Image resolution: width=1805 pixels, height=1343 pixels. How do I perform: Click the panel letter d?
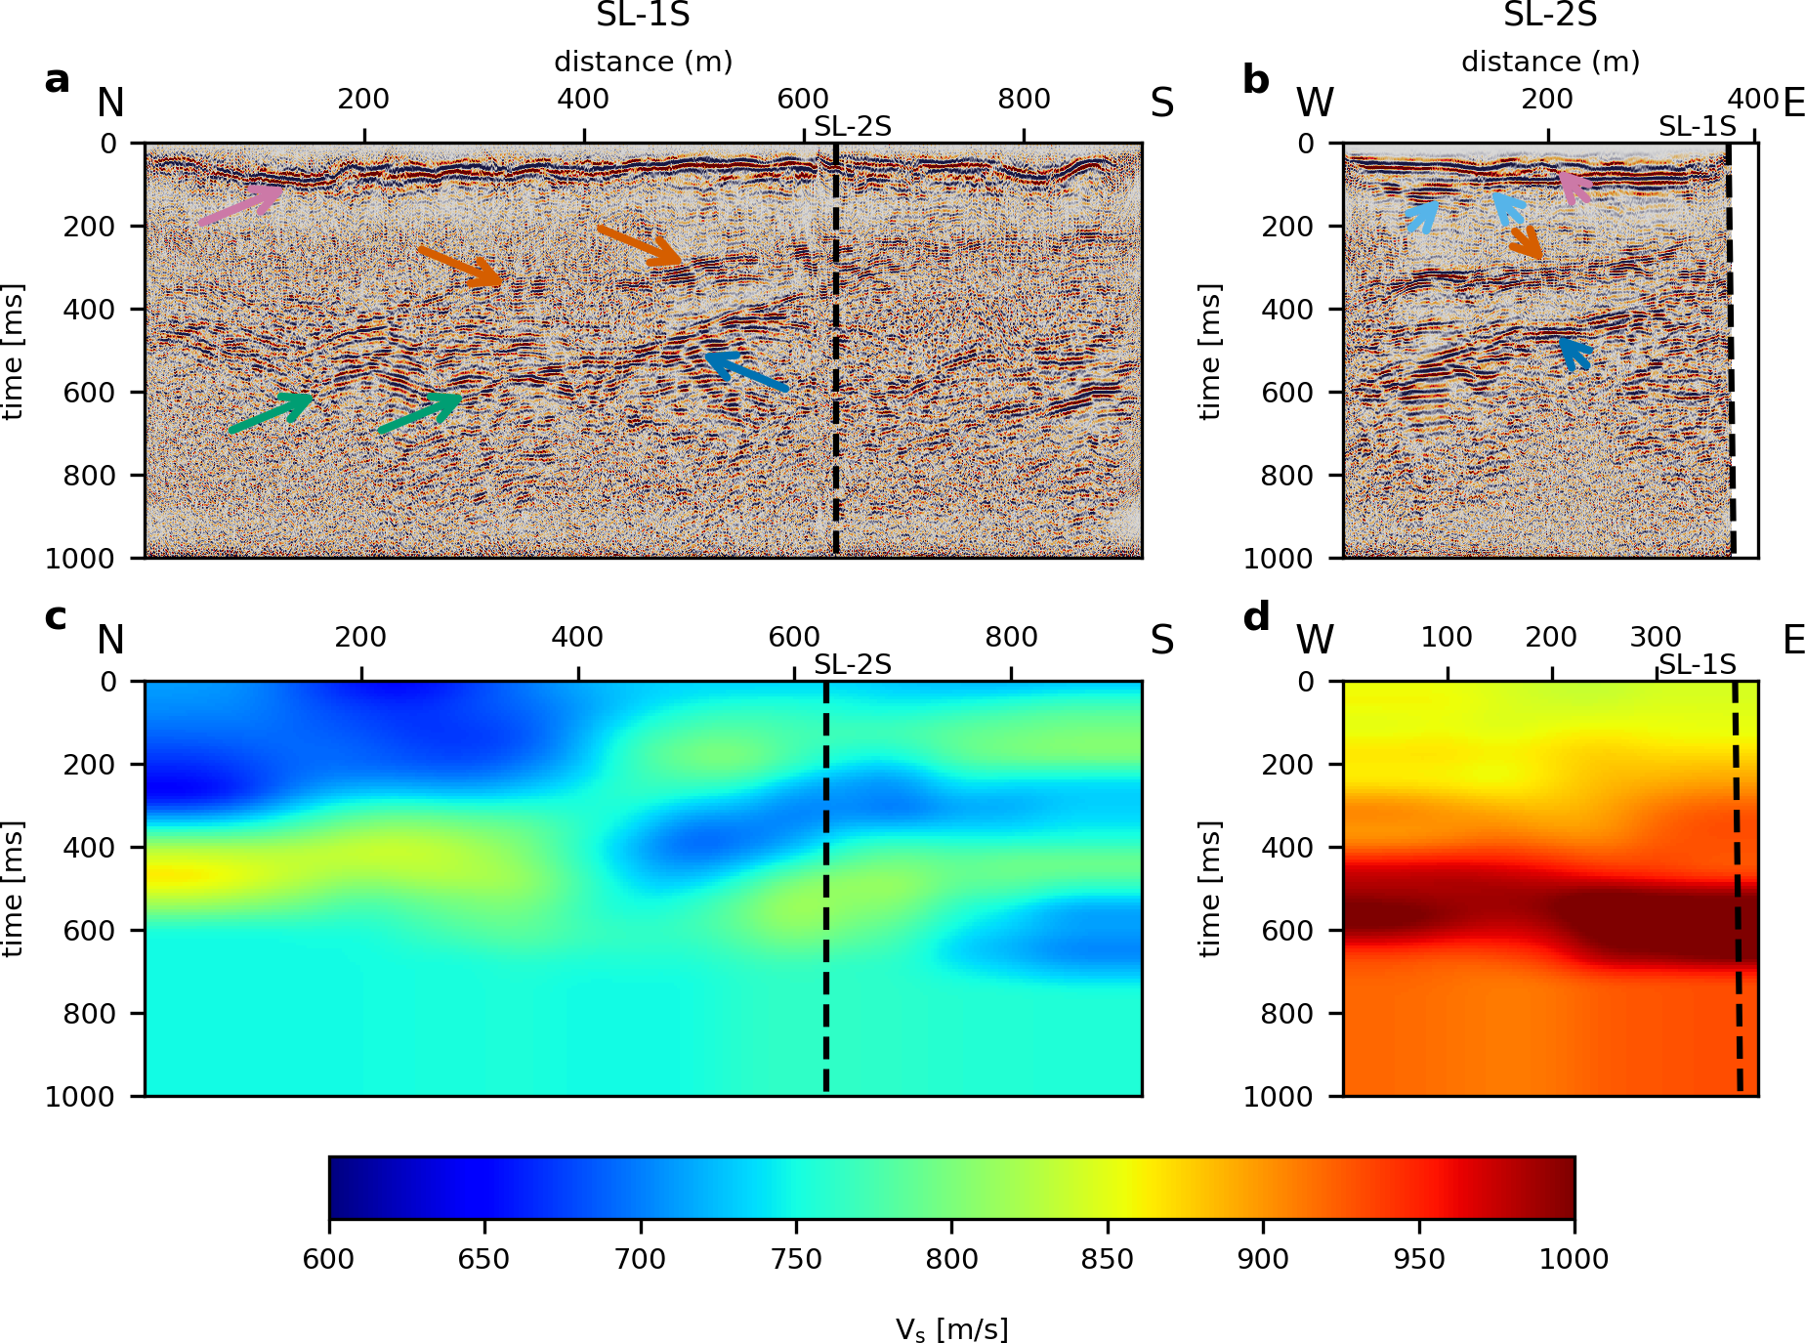[1256, 617]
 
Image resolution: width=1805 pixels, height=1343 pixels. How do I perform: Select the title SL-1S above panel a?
[643, 16]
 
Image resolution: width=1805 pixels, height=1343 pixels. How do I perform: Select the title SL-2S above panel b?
[1549, 16]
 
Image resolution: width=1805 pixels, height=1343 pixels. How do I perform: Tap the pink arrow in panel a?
[239, 204]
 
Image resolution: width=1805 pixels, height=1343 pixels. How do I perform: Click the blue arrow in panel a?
[746, 371]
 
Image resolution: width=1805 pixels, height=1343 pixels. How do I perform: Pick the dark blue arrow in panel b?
[1574, 353]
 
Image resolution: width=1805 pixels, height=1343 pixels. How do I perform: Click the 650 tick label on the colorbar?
[483, 1259]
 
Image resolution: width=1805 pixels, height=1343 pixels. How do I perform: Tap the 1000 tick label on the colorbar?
[1574, 1259]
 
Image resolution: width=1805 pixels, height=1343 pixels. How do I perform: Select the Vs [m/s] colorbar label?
[951, 1329]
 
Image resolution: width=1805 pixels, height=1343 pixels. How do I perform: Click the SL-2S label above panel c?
[853, 665]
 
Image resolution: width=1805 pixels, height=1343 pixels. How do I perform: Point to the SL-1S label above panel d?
[1698, 665]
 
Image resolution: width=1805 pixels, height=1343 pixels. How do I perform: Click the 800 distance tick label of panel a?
[1024, 99]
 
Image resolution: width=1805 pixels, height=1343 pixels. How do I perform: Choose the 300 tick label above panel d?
[1656, 637]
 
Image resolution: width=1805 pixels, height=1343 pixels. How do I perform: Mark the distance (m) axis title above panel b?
[1549, 62]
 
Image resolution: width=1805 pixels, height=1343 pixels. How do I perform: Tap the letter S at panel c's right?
[1161, 641]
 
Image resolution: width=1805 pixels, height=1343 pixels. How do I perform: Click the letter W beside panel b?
[1315, 104]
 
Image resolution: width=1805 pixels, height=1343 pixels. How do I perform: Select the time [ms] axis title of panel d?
[1209, 889]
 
